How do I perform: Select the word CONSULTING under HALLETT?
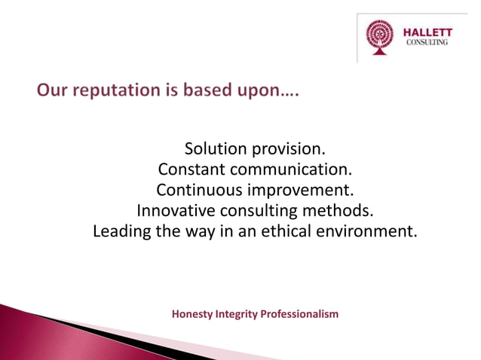[x=427, y=43]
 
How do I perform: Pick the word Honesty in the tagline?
[x=193, y=313]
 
